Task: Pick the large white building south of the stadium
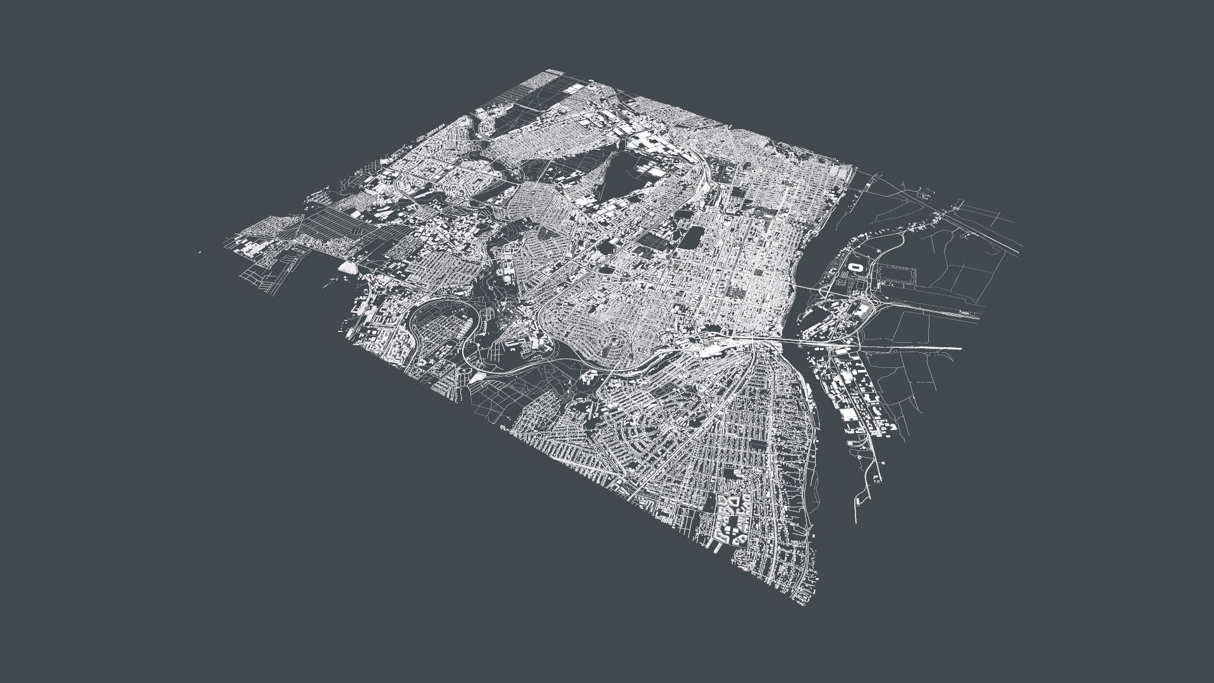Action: pos(864,309)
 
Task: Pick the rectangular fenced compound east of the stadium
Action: pos(898,276)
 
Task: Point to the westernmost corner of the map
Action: pos(223,243)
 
